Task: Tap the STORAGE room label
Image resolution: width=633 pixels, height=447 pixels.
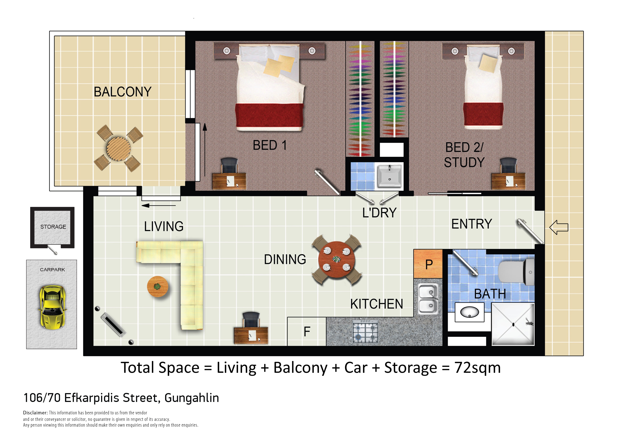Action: [53, 227]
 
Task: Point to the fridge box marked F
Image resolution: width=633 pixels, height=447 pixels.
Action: [307, 332]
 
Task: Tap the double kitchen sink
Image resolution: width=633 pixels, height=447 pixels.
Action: [428, 299]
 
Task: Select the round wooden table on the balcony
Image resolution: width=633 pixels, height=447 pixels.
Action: [119, 149]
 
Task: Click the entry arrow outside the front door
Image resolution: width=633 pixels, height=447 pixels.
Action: [559, 227]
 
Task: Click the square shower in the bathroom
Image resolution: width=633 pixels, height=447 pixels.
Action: [513, 324]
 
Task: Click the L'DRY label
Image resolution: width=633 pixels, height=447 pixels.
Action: [379, 213]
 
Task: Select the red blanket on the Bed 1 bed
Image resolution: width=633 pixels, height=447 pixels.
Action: [269, 115]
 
